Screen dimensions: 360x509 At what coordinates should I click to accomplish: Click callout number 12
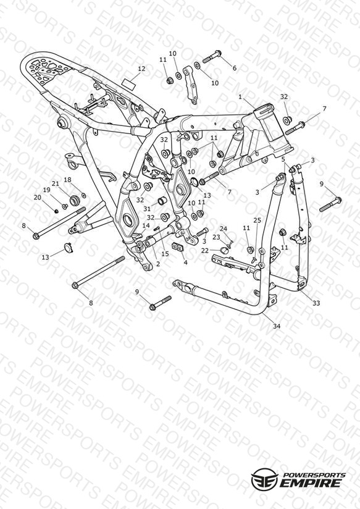(141, 69)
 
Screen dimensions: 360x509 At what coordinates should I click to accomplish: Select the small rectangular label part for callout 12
(128, 82)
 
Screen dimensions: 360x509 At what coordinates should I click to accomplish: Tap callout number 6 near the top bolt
(235, 68)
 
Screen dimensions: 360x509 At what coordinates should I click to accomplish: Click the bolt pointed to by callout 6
(212, 56)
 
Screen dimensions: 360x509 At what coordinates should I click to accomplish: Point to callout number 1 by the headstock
(240, 97)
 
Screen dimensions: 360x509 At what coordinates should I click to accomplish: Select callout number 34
(276, 326)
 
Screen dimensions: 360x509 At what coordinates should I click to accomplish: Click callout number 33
(316, 303)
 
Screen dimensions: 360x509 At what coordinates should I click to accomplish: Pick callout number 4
(185, 263)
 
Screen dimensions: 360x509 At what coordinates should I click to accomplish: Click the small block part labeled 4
(178, 247)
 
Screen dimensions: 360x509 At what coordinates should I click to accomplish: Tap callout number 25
(257, 221)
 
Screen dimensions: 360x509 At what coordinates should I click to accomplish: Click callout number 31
(147, 209)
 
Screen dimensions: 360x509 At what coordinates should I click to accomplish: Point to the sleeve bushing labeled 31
(162, 201)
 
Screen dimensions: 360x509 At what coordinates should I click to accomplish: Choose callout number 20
(37, 198)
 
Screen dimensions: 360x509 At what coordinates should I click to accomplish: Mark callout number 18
(67, 180)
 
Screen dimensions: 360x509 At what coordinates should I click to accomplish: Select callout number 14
(146, 225)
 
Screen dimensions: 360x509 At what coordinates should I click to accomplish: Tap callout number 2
(158, 264)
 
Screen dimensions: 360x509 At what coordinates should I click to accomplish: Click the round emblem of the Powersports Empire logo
(264, 479)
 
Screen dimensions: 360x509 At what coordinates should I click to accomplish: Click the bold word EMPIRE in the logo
(310, 482)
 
